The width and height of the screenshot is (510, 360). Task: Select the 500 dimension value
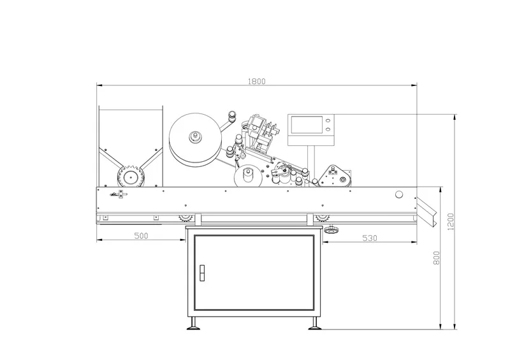point(142,236)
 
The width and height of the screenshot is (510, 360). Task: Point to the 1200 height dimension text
point(451,222)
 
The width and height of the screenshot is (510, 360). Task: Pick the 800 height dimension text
point(436,258)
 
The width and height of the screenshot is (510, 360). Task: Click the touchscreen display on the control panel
point(304,125)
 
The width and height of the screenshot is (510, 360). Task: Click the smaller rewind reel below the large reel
point(247,176)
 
